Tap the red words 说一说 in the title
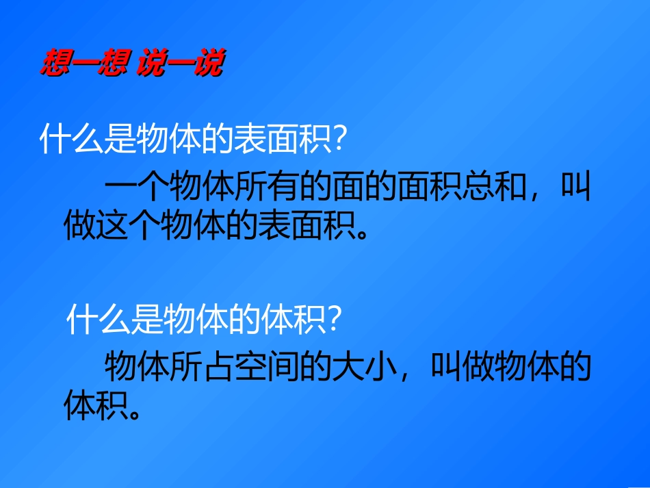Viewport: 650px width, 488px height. coord(180,64)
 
